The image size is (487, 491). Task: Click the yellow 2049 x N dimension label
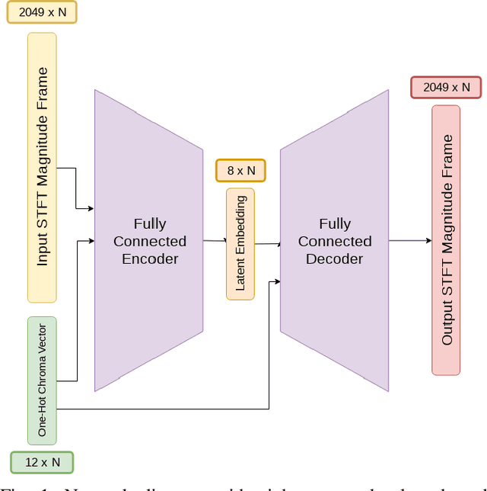point(42,12)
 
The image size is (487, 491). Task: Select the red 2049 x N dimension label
point(446,87)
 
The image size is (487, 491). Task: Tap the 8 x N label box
point(240,170)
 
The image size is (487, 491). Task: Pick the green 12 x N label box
point(42,462)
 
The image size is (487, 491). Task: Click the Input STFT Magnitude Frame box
point(42,167)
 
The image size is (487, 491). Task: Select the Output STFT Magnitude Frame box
point(446,240)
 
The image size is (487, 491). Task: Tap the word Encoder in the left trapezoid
point(150,259)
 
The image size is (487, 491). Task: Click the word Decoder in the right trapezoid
point(334,259)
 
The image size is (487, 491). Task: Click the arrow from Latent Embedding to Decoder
point(267,244)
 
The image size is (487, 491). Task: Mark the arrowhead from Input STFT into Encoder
point(91,208)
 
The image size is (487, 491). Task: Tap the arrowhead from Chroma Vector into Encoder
point(91,241)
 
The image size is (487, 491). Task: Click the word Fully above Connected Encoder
point(150,224)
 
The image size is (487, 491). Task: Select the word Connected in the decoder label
point(334,242)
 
